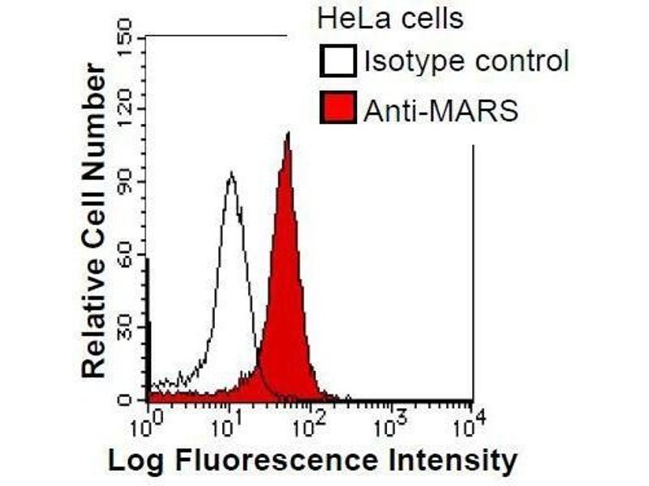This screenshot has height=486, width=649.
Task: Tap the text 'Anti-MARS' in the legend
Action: (x=440, y=109)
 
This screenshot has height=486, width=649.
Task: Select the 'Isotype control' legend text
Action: (x=466, y=61)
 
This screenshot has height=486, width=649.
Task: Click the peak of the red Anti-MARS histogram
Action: (x=287, y=134)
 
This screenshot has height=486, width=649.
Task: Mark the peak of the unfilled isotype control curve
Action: (x=231, y=173)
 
